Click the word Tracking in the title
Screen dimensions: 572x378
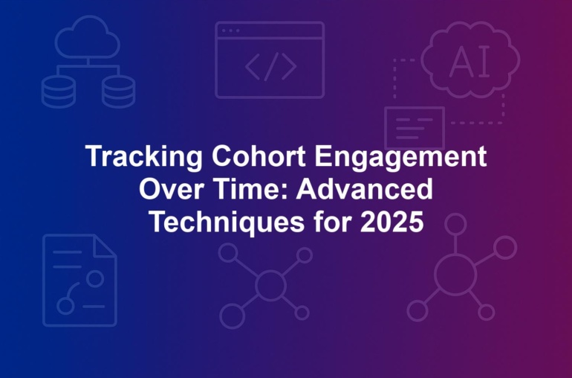point(143,157)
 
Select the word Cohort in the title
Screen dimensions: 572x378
point(259,156)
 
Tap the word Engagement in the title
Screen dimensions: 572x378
point(401,157)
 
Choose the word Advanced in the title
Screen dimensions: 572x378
point(365,189)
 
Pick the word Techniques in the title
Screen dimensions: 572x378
point(227,222)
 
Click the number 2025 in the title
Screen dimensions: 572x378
point(391,222)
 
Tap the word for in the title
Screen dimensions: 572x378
point(332,222)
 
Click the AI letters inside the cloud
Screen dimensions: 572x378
point(469,63)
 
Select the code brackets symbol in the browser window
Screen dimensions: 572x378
point(270,66)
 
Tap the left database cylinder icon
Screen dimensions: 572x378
point(59,92)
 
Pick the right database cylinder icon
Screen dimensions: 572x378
point(119,92)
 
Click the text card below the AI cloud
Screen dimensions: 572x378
point(415,128)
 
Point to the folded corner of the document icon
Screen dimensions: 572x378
point(105,246)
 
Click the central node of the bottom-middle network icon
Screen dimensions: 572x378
point(270,285)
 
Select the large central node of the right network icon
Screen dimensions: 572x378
point(455,275)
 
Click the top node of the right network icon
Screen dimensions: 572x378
point(455,224)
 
